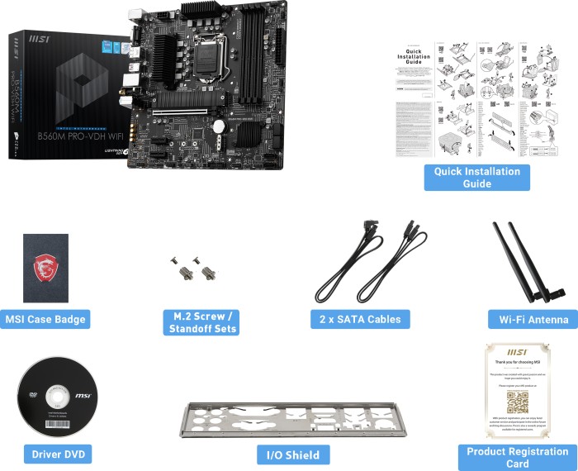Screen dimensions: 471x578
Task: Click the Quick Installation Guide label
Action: [477, 178]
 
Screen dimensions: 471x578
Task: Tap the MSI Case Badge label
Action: [45, 320]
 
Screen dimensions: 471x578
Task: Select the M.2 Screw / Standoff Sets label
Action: [201, 322]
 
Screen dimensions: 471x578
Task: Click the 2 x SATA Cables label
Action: [360, 319]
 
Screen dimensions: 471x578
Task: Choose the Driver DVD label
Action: [57, 454]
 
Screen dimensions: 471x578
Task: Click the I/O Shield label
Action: [293, 454]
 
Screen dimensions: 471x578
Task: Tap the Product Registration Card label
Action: [517, 457]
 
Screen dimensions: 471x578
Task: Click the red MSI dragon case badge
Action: [45, 268]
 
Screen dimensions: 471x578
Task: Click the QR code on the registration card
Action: [517, 401]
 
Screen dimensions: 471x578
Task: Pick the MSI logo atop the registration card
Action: [517, 350]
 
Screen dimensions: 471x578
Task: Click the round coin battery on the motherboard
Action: [220, 126]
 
